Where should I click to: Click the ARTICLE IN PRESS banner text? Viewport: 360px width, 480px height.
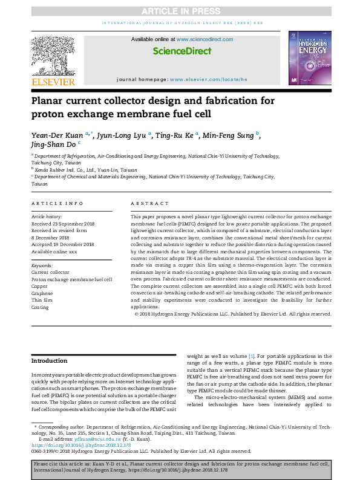pos(180,11)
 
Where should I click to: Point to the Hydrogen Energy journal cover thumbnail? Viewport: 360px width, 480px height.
pos(309,59)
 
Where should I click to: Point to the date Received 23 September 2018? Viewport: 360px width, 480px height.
pos(62,223)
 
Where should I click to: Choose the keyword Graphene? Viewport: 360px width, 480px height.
pos(42,293)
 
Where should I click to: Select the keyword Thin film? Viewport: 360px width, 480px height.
pos(41,300)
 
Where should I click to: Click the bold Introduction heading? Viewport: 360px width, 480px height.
pos(50,362)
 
